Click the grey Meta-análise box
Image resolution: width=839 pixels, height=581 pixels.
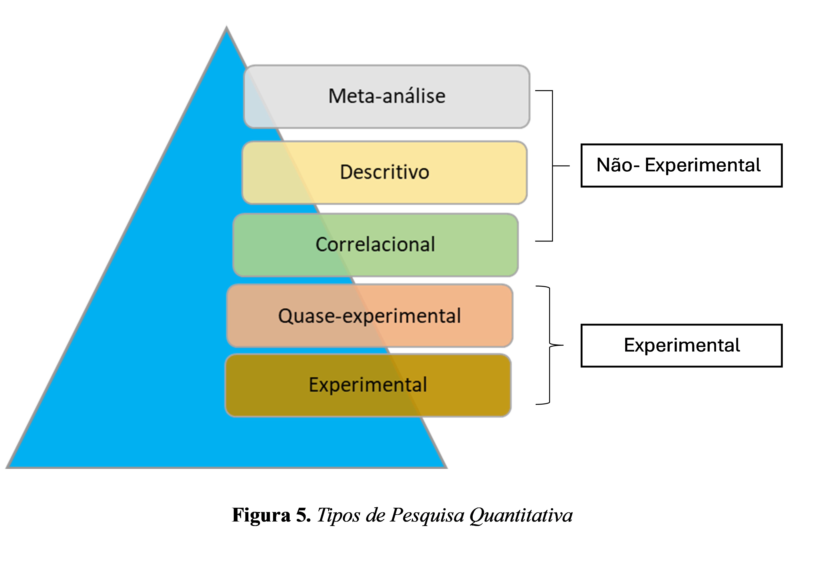click(387, 96)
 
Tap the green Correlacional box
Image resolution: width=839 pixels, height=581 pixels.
click(375, 245)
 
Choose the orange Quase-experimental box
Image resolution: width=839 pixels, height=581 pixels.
click(369, 316)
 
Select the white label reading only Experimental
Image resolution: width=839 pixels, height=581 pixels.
click(681, 345)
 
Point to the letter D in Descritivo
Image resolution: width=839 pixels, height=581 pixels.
click(346, 172)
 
